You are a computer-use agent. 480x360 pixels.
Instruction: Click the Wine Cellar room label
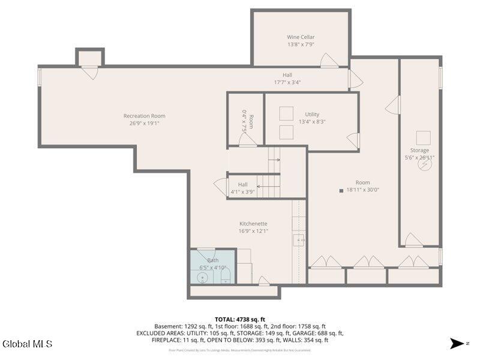pyautogui.click(x=301, y=37)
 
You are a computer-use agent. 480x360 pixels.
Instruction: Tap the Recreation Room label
pyautogui.click(x=144, y=116)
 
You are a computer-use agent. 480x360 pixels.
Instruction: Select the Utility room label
pyautogui.click(x=312, y=114)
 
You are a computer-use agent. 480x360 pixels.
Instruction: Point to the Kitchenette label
pyautogui.click(x=253, y=223)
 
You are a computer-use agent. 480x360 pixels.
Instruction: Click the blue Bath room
pyautogui.click(x=212, y=267)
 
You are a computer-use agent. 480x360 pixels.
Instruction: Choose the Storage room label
pyautogui.click(x=419, y=150)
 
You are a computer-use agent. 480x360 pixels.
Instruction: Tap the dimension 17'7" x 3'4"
pyautogui.click(x=287, y=82)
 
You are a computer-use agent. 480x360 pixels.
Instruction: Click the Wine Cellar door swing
pyautogui.click(x=329, y=61)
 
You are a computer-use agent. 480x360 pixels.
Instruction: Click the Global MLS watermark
pyautogui.click(x=28, y=344)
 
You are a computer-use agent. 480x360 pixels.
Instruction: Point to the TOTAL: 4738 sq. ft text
pyautogui.click(x=240, y=319)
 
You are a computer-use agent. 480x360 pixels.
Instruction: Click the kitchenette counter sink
pyautogui.click(x=298, y=240)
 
